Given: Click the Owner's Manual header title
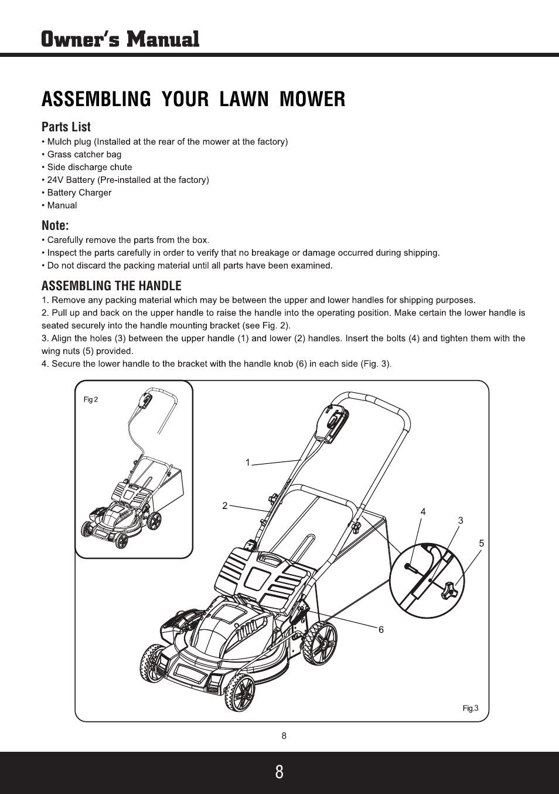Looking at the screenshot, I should [120, 39].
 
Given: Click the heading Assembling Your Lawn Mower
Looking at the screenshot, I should [193, 99].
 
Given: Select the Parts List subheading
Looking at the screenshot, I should [66, 127].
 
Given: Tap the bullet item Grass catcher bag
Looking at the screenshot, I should [84, 154].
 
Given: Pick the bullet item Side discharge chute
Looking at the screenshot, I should [89, 167].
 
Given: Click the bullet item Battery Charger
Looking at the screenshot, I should [79, 192].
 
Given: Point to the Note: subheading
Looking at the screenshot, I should [55, 225].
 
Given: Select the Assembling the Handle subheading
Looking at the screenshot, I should [111, 286].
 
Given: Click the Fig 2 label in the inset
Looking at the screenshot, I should [91, 399].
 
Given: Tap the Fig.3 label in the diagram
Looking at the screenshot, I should [471, 708].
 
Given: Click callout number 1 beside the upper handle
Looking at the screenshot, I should [248, 463].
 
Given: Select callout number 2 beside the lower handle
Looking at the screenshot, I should [224, 505].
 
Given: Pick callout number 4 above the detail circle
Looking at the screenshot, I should [422, 512].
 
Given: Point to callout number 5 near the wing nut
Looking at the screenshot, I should [481, 543].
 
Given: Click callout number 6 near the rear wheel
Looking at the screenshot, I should [381, 629].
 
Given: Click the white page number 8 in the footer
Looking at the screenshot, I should [279, 772].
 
